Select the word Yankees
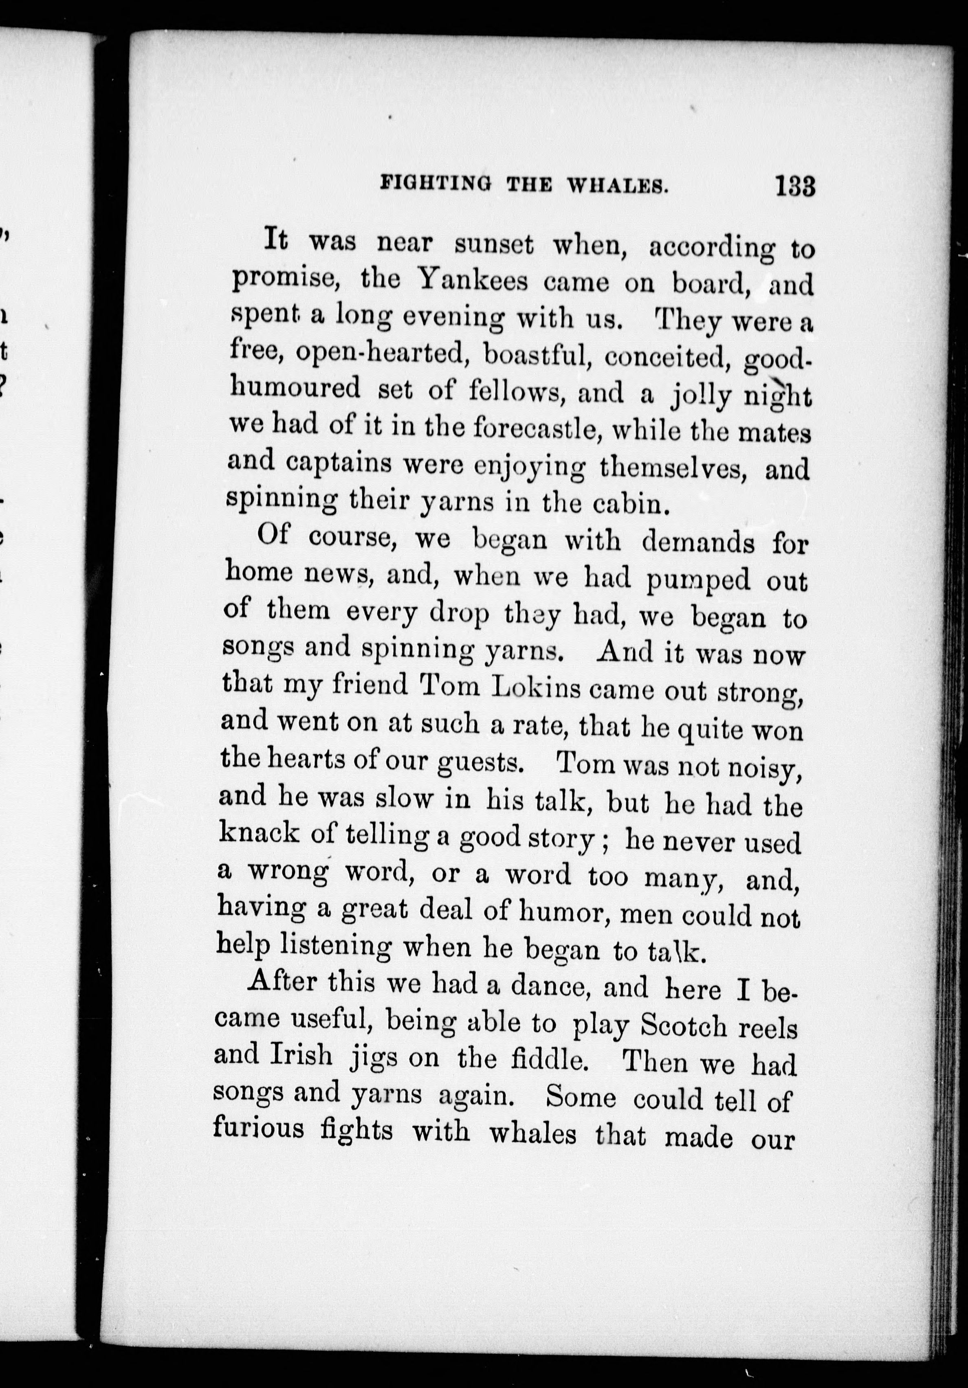click(473, 281)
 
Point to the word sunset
click(494, 245)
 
